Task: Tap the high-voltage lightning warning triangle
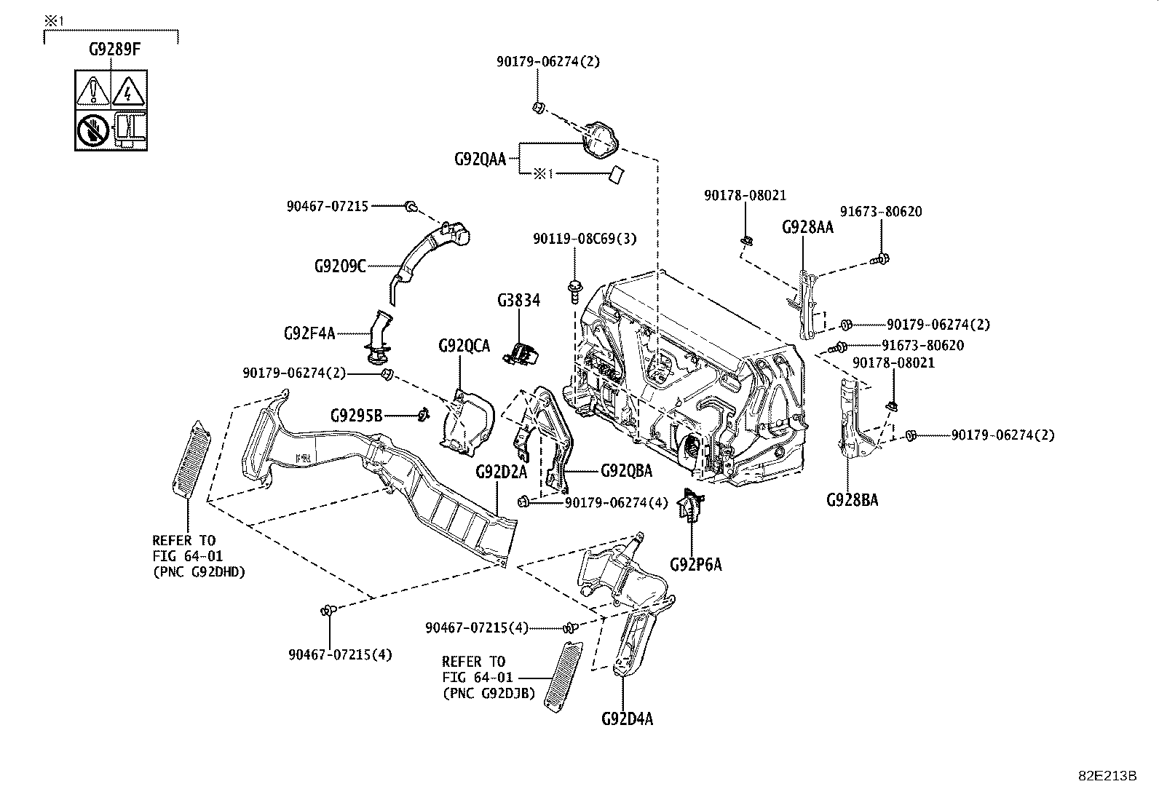pyautogui.click(x=129, y=91)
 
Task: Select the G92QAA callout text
pyautogui.click(x=479, y=159)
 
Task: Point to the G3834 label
pyautogui.click(x=518, y=300)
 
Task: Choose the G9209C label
pyautogui.click(x=340, y=266)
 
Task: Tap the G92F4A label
pyautogui.click(x=309, y=334)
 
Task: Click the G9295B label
pyautogui.click(x=356, y=416)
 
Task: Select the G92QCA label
pyautogui.click(x=464, y=345)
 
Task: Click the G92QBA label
pyautogui.click(x=626, y=471)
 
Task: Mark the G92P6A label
pyautogui.click(x=696, y=564)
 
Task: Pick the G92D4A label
pyautogui.click(x=627, y=719)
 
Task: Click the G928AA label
pyautogui.click(x=807, y=227)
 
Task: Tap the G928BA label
pyautogui.click(x=852, y=500)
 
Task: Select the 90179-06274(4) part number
pyautogui.click(x=616, y=502)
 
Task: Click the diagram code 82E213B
pyautogui.click(x=1107, y=775)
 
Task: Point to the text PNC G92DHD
pyautogui.click(x=199, y=572)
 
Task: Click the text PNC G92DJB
pyautogui.click(x=488, y=693)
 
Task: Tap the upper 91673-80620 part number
pyautogui.click(x=880, y=212)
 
